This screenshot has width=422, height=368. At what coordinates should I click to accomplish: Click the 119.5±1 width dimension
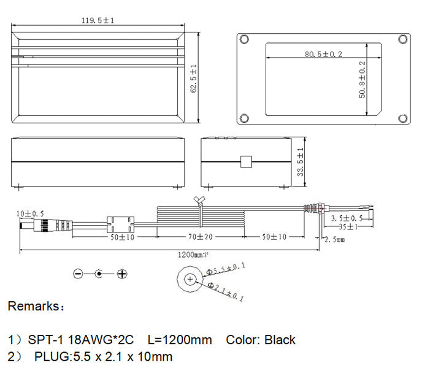[x=98, y=20]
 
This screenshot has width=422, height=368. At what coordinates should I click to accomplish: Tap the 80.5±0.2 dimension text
[x=323, y=55]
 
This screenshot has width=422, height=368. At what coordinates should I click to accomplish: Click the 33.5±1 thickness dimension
[x=301, y=163]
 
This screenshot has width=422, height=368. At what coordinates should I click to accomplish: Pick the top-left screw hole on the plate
[x=245, y=39]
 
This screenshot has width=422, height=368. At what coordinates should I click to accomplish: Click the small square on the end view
[x=246, y=161]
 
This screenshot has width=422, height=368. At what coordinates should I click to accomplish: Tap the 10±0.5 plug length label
[x=30, y=213]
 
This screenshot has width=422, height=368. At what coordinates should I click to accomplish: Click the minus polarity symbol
[x=78, y=274]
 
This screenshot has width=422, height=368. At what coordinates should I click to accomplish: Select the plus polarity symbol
[x=122, y=274]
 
